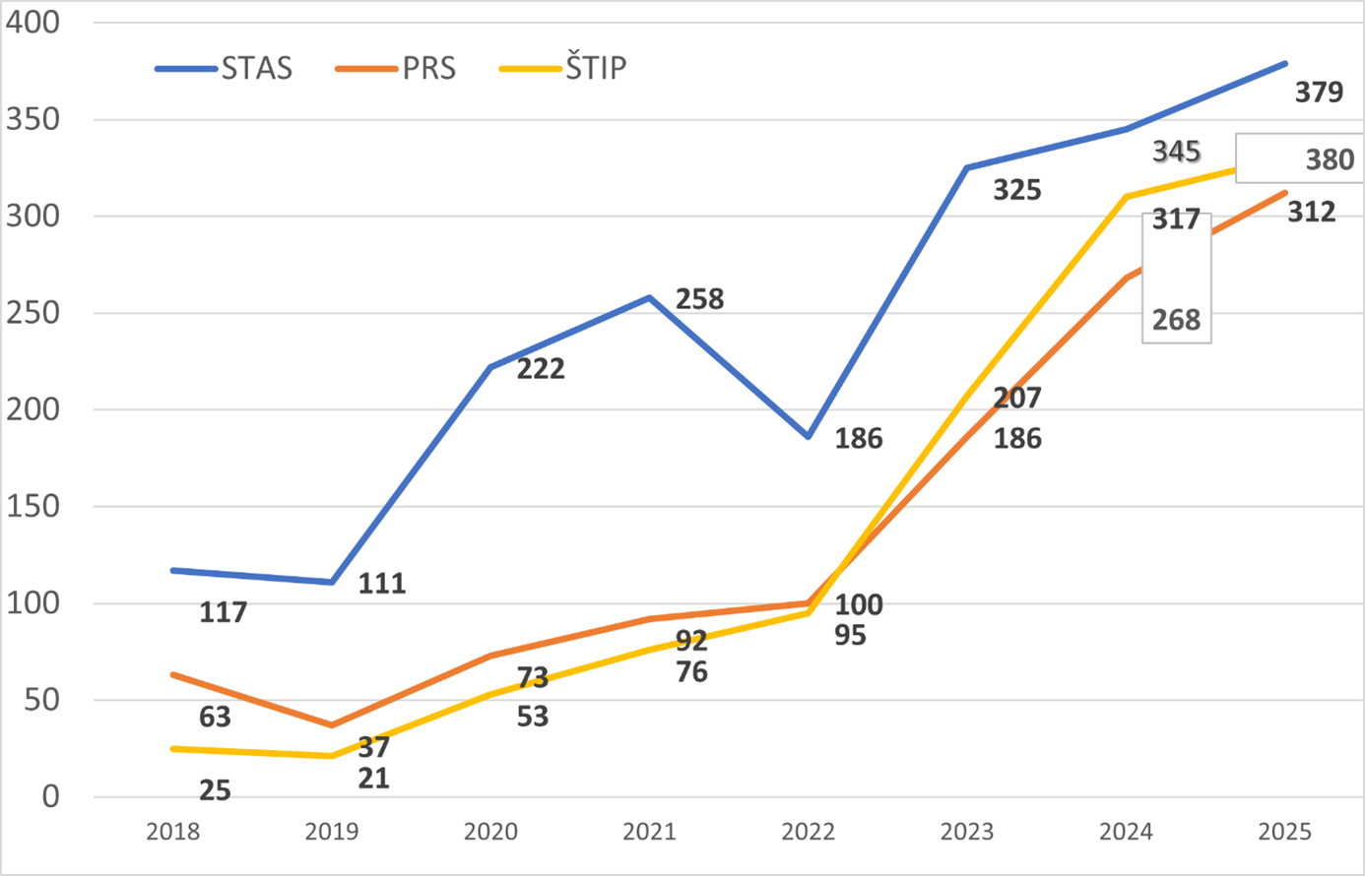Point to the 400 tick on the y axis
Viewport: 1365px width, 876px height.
(x=32, y=22)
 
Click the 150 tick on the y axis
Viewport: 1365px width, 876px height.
(x=32, y=506)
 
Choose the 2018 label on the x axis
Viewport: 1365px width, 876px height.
(x=172, y=832)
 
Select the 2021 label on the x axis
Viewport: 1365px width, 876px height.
(x=649, y=832)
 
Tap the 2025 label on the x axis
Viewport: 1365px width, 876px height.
(x=1284, y=832)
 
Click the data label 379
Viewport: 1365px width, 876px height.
(x=1319, y=93)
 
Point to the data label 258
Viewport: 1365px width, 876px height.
(x=699, y=299)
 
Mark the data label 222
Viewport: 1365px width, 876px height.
(x=541, y=369)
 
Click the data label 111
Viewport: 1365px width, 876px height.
(x=382, y=584)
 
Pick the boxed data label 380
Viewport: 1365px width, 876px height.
(x=1330, y=159)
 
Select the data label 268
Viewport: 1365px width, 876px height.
(x=1177, y=320)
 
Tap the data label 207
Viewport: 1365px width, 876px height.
(x=1017, y=398)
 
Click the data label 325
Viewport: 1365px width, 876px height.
(x=1017, y=190)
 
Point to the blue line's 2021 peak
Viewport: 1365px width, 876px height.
(x=649, y=296)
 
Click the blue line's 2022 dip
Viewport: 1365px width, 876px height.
(x=809, y=436)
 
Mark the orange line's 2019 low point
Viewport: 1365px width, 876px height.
(x=332, y=725)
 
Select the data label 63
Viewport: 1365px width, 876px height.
(x=215, y=717)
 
